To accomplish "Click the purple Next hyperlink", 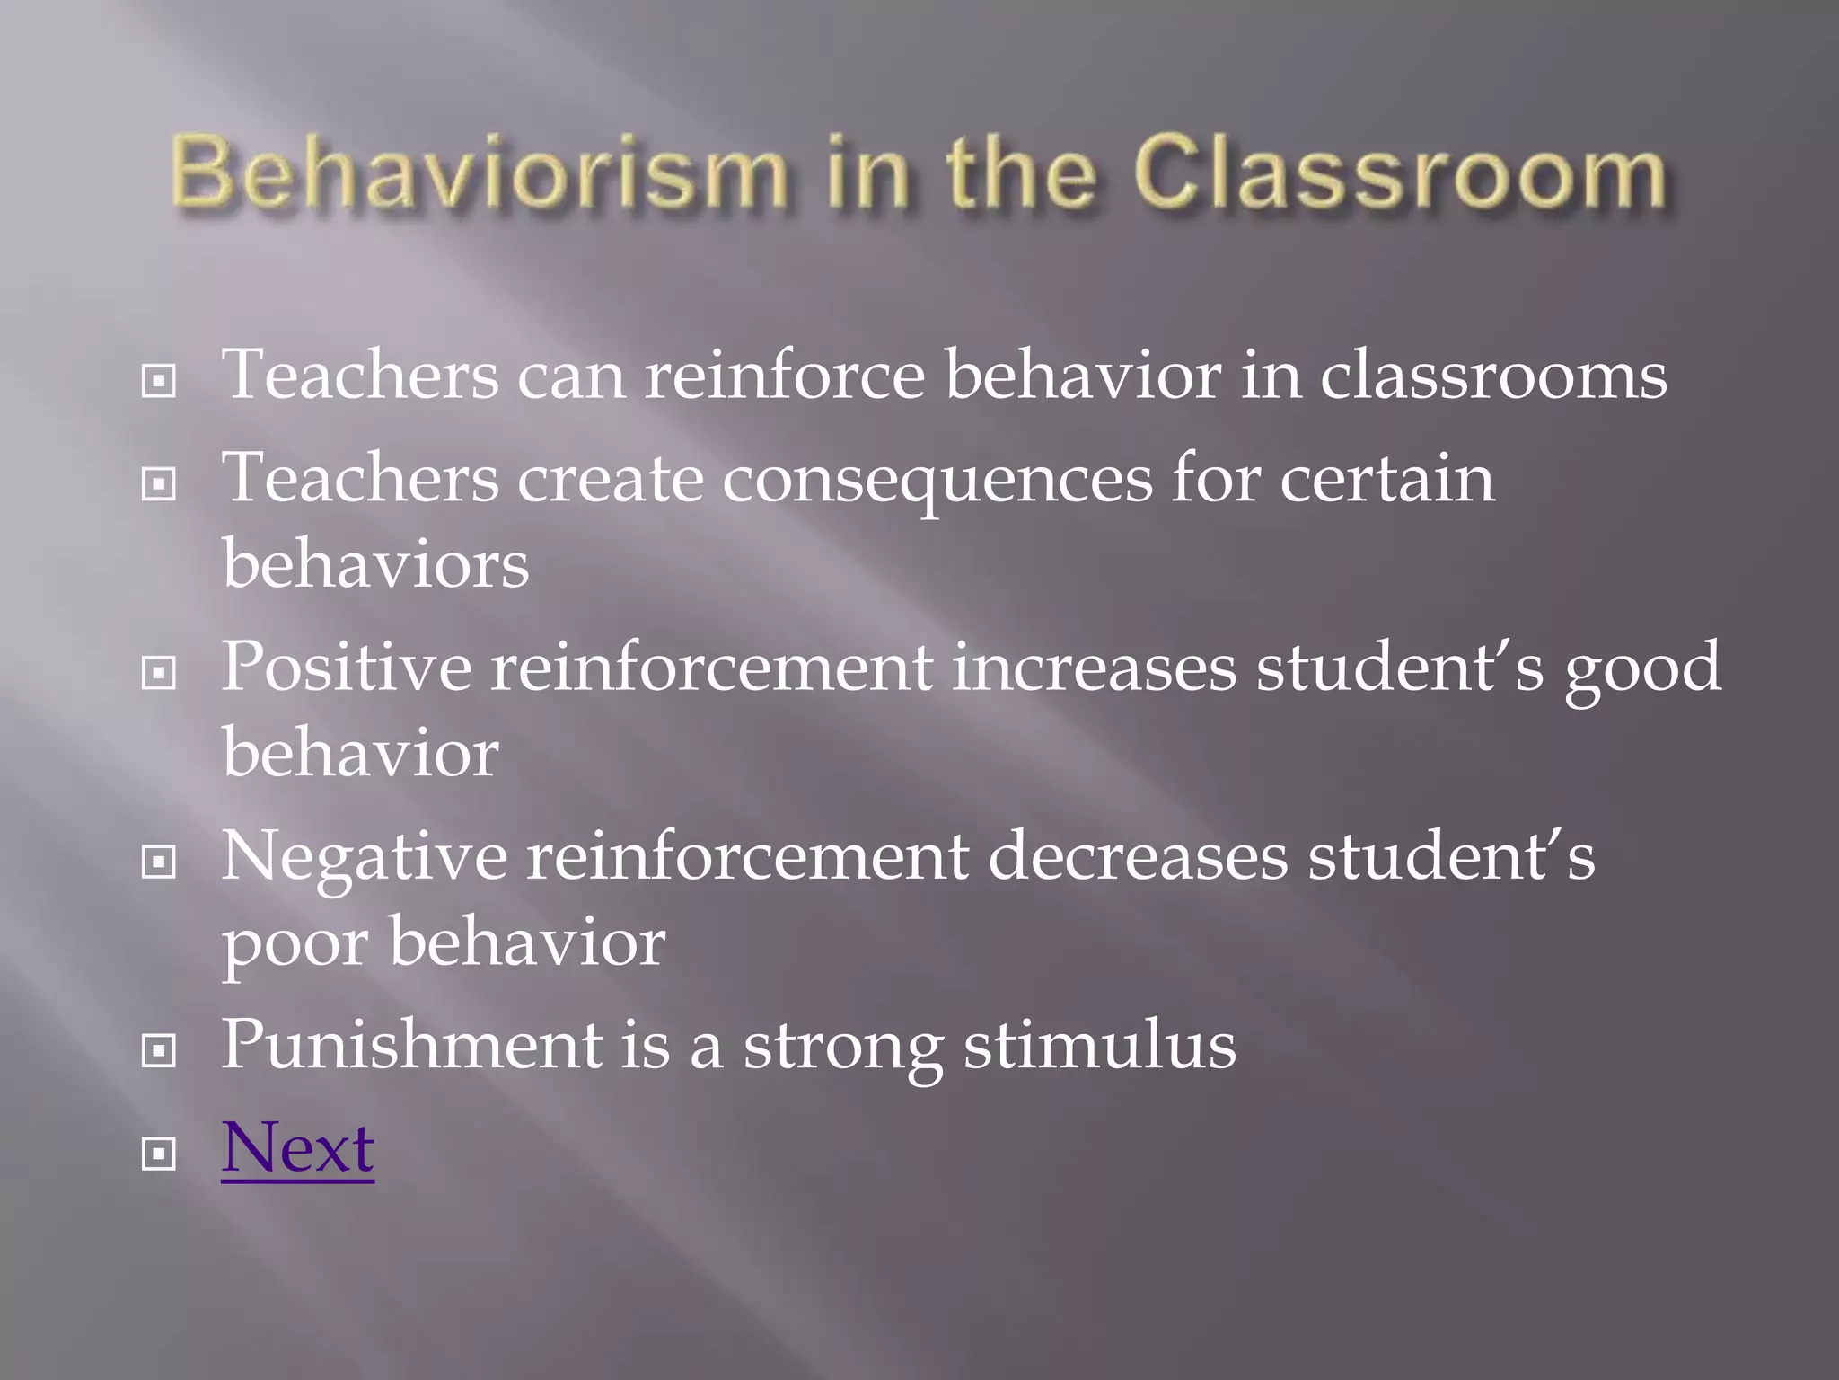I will click(x=297, y=1148).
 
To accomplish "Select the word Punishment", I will click(x=412, y=1045).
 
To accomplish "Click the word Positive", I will click(x=346, y=668).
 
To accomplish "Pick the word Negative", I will click(x=364, y=856).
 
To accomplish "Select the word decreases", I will click(x=1138, y=856).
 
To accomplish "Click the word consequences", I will click(x=937, y=479).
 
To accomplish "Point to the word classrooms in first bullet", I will click(x=1492, y=376).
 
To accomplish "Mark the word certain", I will click(x=1386, y=479).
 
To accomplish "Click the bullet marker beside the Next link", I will click(x=159, y=1154).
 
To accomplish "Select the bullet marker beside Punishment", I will click(x=159, y=1050).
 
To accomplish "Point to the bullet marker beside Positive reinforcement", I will click(x=159, y=673).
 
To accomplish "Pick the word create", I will click(x=610, y=479).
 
